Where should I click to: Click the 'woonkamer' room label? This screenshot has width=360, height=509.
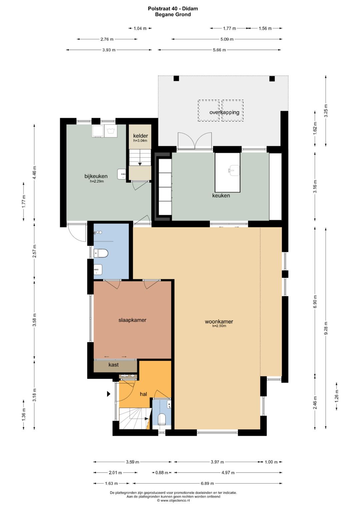click(219, 322)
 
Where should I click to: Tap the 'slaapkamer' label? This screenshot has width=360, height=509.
click(132, 320)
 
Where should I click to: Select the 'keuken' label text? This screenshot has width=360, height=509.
click(221, 195)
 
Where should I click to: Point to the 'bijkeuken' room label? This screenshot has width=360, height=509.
click(96, 176)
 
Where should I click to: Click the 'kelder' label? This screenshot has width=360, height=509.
click(140, 136)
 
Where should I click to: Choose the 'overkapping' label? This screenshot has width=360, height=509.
click(224, 112)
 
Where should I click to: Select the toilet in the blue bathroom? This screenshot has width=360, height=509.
click(101, 253)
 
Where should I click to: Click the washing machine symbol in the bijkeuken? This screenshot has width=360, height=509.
click(111, 131)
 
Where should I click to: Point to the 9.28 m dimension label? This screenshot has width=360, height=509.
click(326, 328)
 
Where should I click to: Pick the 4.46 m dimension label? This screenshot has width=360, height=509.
click(35, 172)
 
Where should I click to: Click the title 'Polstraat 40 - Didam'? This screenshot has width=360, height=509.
click(173, 9)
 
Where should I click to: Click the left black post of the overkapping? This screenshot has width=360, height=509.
click(176, 79)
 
